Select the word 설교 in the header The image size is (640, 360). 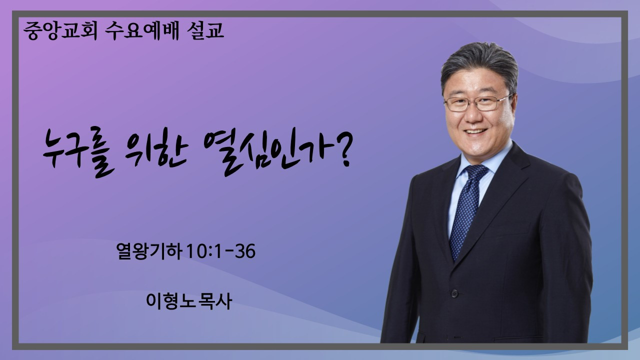205,30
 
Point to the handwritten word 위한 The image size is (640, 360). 156,151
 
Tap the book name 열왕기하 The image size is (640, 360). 149,251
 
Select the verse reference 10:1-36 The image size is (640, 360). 221,251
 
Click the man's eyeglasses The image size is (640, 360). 477,103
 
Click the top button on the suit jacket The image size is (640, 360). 454,293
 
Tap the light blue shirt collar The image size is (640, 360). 483,160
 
